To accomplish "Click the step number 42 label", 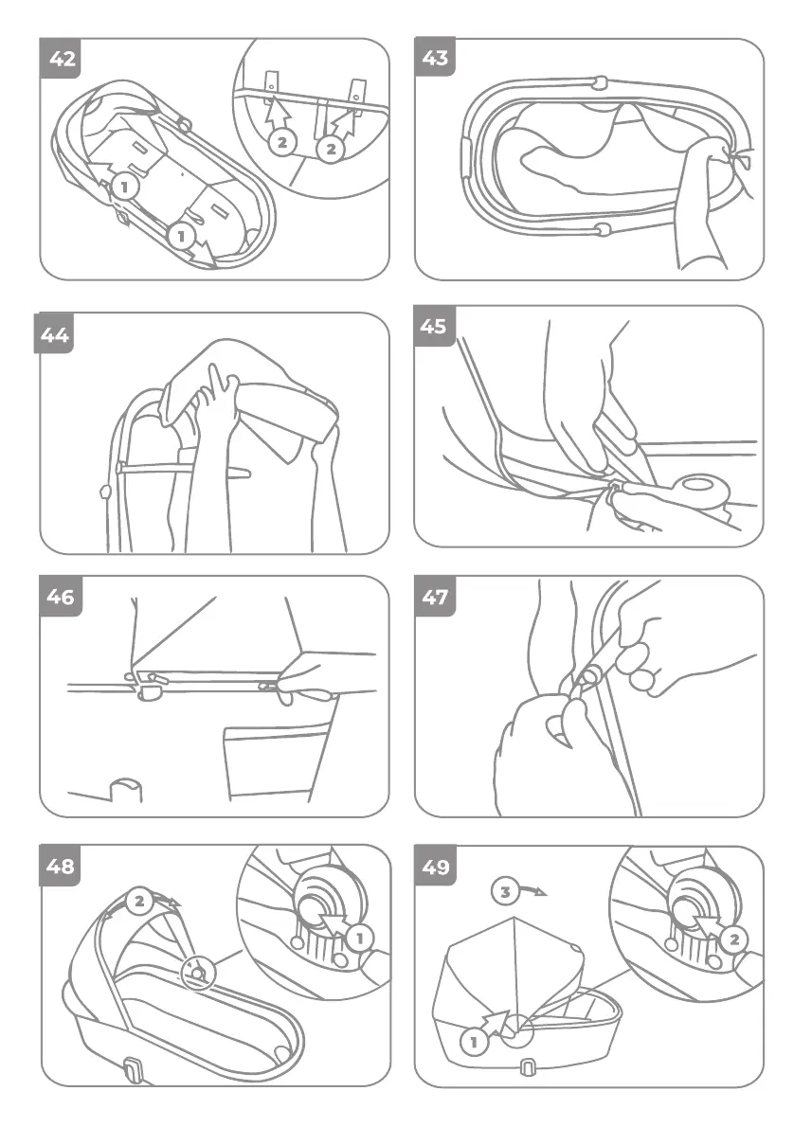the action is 62,58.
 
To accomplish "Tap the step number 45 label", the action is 434,327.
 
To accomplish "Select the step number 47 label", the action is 435,597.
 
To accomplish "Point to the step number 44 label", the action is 55,334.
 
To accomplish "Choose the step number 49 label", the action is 435,867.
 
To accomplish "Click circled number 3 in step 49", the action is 505,892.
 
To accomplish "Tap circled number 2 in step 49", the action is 734,939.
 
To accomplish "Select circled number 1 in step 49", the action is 473,1041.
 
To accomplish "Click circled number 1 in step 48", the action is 360,938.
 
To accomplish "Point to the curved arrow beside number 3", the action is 532,891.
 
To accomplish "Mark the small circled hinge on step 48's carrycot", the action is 197,974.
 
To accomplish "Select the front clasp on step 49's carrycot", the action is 526,1068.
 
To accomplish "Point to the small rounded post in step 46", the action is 125,790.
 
